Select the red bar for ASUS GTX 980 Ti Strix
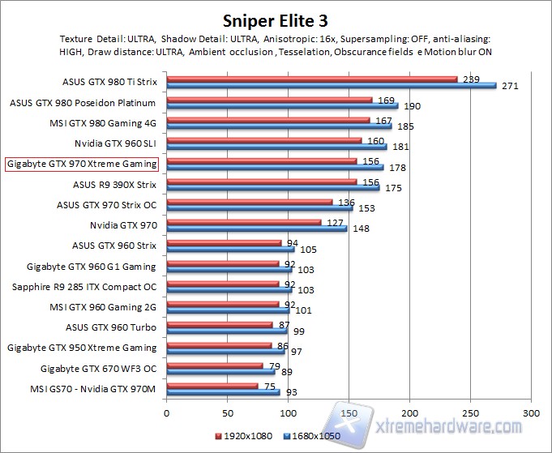pos(312,79)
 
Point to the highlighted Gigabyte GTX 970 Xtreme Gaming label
pos(82,165)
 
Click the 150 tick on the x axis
pos(349,412)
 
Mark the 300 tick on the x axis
pos(531,412)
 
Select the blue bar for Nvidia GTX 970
pos(256,229)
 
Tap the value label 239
pos(471,79)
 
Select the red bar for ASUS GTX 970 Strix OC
pos(249,202)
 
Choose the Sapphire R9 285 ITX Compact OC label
pos(84,287)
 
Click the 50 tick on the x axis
pos(228,412)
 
